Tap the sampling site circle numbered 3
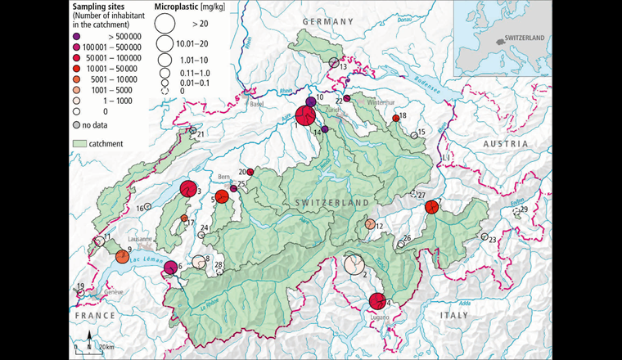click(x=188, y=189)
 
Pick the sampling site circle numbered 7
click(x=433, y=208)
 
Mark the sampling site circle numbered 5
click(x=222, y=196)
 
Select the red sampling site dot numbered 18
click(x=396, y=118)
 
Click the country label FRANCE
click(x=87, y=314)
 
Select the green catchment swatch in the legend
click(x=80, y=143)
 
